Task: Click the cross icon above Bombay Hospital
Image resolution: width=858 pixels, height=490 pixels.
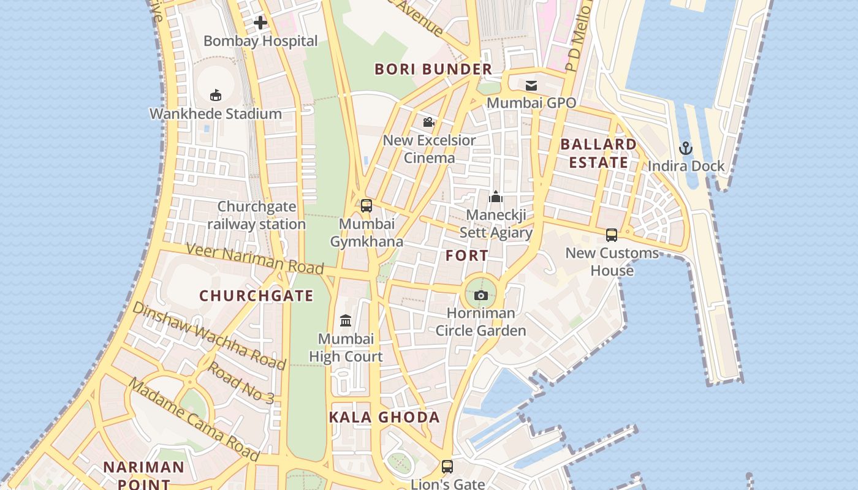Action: pyautogui.click(x=260, y=23)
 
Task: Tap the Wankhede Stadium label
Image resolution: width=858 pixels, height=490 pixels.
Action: pyautogui.click(x=216, y=114)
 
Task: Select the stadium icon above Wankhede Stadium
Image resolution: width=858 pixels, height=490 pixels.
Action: pyautogui.click(x=216, y=95)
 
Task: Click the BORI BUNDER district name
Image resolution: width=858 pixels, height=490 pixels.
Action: pyautogui.click(x=433, y=69)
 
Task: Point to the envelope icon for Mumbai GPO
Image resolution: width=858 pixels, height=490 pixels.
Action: pyautogui.click(x=531, y=86)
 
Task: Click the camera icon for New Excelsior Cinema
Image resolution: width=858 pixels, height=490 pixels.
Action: pyautogui.click(x=429, y=122)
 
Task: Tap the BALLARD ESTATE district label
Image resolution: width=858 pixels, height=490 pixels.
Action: pyautogui.click(x=598, y=153)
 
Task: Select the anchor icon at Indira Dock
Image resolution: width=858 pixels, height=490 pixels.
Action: pyautogui.click(x=686, y=148)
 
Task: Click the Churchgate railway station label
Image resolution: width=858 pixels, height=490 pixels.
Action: pyautogui.click(x=256, y=216)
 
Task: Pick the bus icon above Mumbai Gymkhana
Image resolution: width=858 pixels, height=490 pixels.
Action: pyautogui.click(x=366, y=206)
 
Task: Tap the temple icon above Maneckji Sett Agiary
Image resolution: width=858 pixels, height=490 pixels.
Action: pyautogui.click(x=496, y=197)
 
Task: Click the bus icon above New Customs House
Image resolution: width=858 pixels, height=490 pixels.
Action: pyautogui.click(x=612, y=235)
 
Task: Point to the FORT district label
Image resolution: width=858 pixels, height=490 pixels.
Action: pyautogui.click(x=467, y=255)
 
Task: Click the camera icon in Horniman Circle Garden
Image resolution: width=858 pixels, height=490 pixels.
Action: pyautogui.click(x=481, y=296)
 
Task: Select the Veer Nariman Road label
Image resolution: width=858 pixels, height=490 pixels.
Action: pyautogui.click(x=254, y=258)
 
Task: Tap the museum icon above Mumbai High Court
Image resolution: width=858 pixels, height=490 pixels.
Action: pyautogui.click(x=346, y=320)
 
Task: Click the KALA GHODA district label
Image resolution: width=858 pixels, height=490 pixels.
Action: pyautogui.click(x=384, y=418)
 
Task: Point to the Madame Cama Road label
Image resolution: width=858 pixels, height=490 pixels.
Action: pyautogui.click(x=194, y=420)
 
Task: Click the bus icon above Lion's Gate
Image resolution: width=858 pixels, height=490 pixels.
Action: pyautogui.click(x=447, y=467)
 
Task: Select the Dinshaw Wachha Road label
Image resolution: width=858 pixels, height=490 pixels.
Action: pyautogui.click(x=209, y=336)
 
